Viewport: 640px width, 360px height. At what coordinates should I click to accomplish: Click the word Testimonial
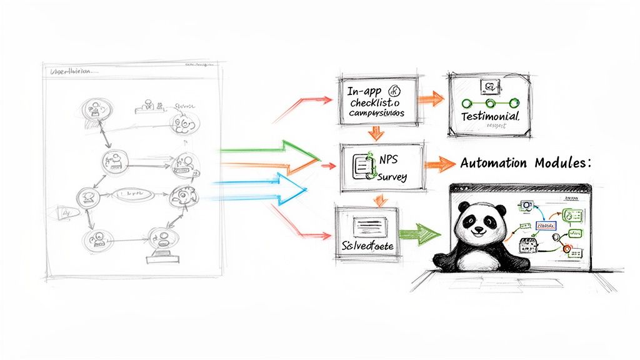pos(490,117)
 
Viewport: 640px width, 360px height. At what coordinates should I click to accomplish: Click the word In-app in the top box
pos(364,90)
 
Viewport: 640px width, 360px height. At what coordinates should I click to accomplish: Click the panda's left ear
pos(462,206)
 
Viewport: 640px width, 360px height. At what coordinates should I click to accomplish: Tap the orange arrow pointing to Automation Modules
pos(441,164)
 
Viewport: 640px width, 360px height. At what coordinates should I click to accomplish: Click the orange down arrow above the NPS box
pos(376,132)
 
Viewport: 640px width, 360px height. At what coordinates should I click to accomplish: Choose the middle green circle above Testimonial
pos(490,103)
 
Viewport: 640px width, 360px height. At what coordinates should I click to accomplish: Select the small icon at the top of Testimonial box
pos(487,86)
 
